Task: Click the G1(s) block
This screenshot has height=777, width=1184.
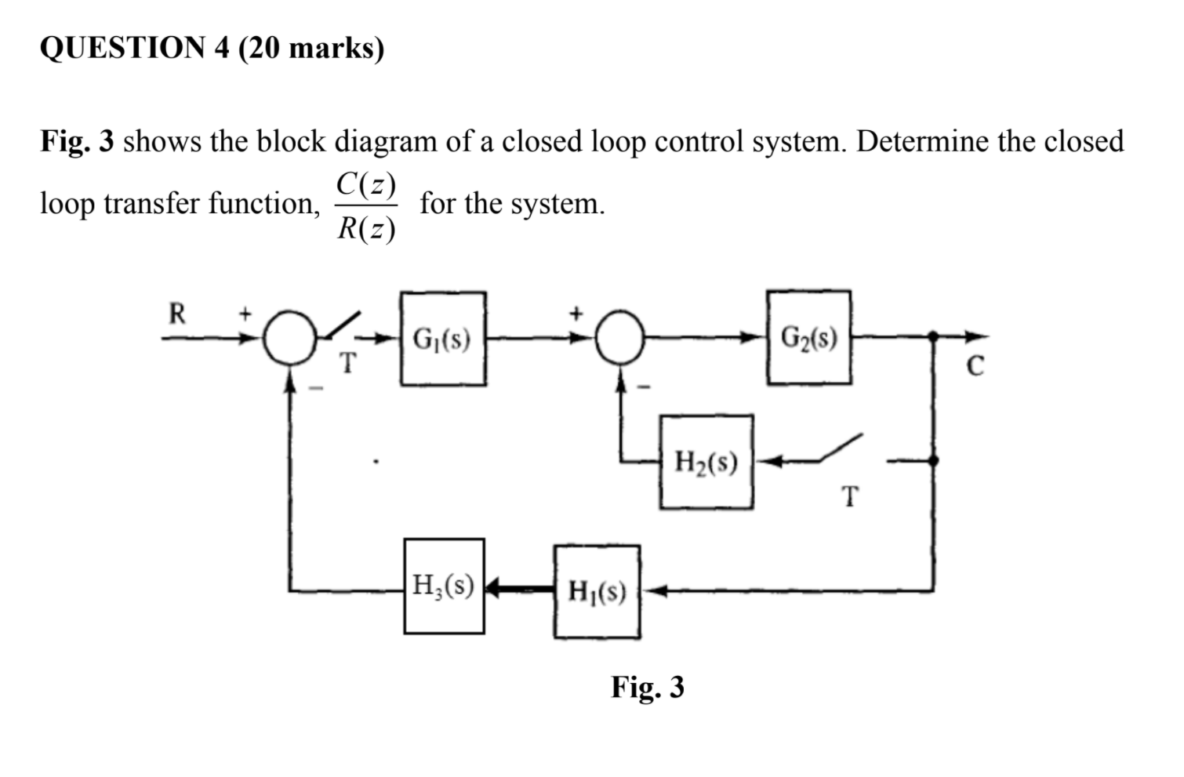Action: point(443,339)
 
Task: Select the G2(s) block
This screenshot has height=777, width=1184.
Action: point(809,337)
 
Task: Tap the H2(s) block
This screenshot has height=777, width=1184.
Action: point(706,462)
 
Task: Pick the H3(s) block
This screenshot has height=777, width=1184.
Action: point(444,586)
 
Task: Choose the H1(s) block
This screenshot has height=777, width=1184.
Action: point(597,591)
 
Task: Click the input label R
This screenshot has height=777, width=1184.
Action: point(177,314)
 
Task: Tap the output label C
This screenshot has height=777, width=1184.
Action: point(974,366)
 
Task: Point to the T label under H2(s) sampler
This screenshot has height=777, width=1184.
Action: point(850,496)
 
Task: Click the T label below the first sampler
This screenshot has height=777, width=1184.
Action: point(347,363)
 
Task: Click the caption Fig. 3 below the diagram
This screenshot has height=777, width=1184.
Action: point(648,687)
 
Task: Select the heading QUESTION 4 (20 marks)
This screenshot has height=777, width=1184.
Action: point(212,48)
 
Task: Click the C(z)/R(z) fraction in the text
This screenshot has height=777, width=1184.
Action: point(366,206)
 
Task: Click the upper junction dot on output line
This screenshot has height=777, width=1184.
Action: point(933,337)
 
